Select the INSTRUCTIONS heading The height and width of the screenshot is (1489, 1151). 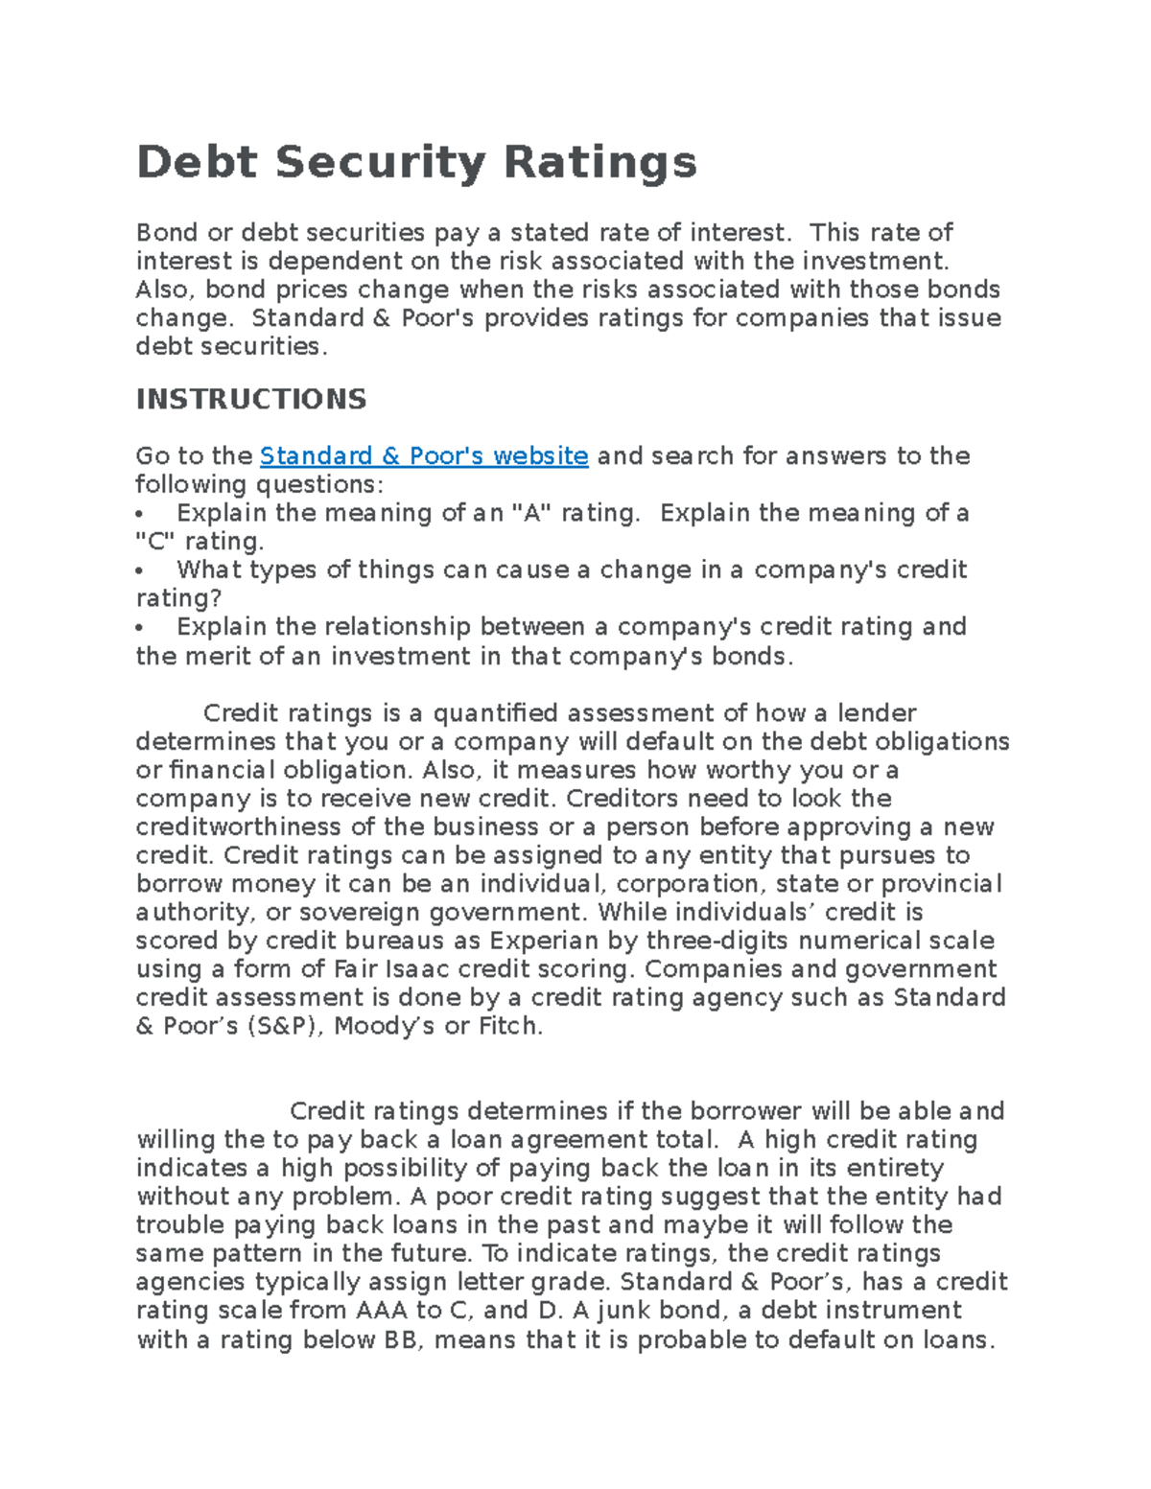point(251,399)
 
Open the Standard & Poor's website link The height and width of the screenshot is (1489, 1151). point(424,455)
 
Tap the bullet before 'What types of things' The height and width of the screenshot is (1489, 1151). point(140,571)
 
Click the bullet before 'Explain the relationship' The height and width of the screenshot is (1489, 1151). point(140,628)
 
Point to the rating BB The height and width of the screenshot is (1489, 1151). point(404,1339)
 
